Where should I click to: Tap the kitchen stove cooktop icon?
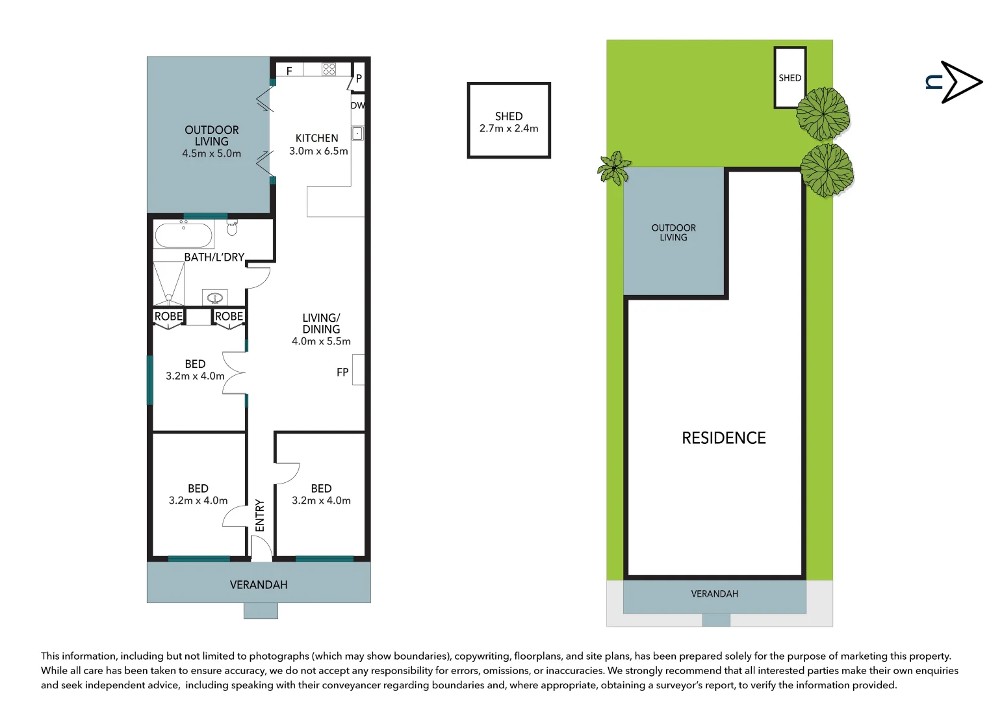point(329,69)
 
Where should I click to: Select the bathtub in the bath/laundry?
point(183,235)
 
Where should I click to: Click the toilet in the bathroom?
point(232,227)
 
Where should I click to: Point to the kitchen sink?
point(357,134)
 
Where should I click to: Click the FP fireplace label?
point(342,372)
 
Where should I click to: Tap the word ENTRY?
point(260,515)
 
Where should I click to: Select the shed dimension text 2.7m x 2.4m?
point(509,129)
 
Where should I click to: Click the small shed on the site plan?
point(790,77)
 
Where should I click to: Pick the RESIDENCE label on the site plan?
point(723,438)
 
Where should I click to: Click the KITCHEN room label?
point(316,138)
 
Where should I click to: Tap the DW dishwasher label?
point(357,105)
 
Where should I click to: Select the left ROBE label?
point(168,317)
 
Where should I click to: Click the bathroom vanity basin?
point(215,298)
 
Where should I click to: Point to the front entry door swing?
point(261,549)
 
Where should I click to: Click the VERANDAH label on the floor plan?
point(259,585)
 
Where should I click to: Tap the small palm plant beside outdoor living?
point(614,168)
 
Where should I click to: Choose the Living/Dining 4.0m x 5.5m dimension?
point(321,341)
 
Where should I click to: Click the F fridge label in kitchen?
point(289,71)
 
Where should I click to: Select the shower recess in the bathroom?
point(168,283)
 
